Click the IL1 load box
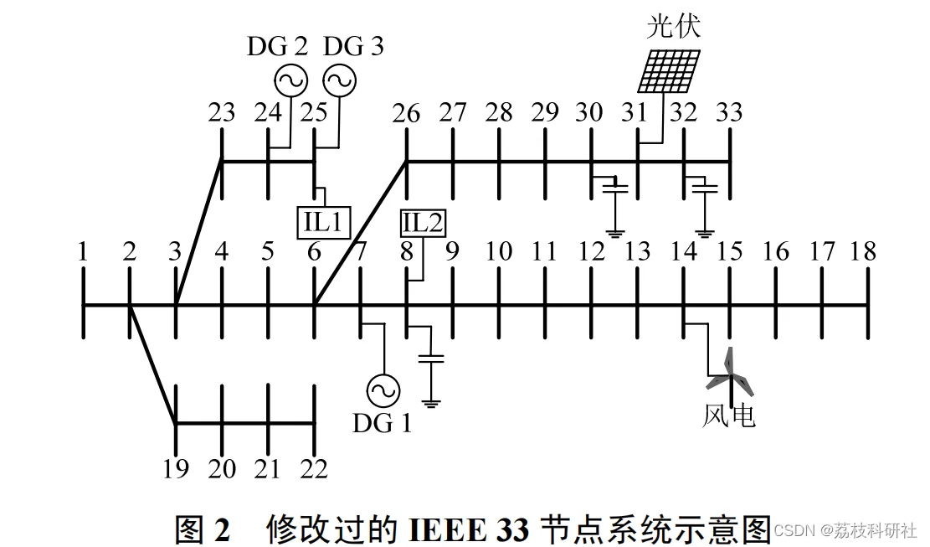click(323, 221)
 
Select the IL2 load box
click(424, 223)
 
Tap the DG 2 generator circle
click(290, 80)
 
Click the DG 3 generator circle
click(340, 80)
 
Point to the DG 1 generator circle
click(383, 390)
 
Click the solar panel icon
click(669, 70)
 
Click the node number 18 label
click(863, 251)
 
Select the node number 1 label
click(83, 251)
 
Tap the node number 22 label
click(314, 469)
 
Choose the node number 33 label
click(729, 113)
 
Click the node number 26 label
click(406, 113)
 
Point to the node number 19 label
click(175, 469)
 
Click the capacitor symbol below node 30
click(616, 187)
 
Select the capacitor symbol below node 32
click(707, 187)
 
